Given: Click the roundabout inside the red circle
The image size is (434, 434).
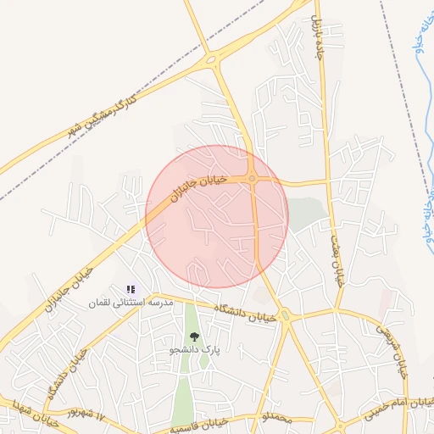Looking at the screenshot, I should click(x=253, y=178).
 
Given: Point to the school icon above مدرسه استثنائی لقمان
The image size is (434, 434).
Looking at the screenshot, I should click(x=131, y=290).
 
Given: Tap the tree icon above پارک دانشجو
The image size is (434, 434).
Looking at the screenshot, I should click(x=194, y=337).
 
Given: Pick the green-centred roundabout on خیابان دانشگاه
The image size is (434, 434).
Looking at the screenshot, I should click(x=285, y=317).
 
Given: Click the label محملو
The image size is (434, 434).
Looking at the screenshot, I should click(x=277, y=418).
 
